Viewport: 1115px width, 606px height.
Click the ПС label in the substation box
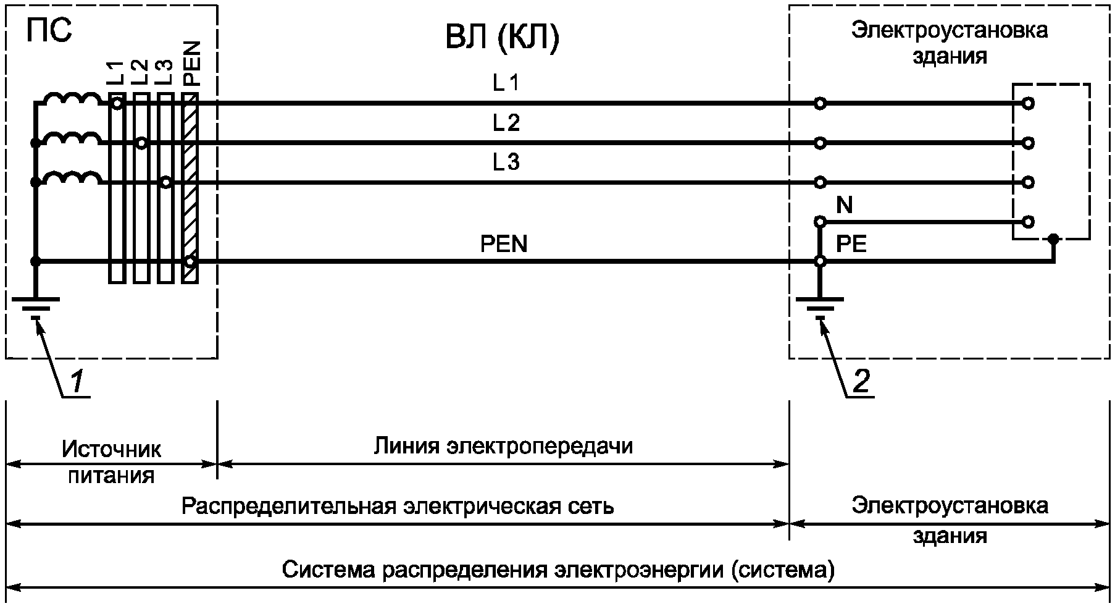(49, 31)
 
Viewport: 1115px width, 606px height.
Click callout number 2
(861, 382)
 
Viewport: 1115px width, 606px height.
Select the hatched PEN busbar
(190, 188)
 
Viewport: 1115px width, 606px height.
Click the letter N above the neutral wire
(844, 204)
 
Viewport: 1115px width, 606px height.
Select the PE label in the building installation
(851, 244)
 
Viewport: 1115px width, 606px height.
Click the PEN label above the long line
(504, 244)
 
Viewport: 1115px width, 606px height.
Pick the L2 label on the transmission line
(506, 123)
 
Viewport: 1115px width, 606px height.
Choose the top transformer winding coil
(73, 100)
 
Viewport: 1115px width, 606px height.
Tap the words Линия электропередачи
(503, 445)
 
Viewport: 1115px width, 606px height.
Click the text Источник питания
(111, 461)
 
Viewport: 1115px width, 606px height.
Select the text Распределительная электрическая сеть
(398, 506)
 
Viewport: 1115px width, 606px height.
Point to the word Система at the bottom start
(327, 569)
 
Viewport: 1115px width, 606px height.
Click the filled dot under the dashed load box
(1054, 238)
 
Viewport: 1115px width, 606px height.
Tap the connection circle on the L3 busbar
(165, 182)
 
